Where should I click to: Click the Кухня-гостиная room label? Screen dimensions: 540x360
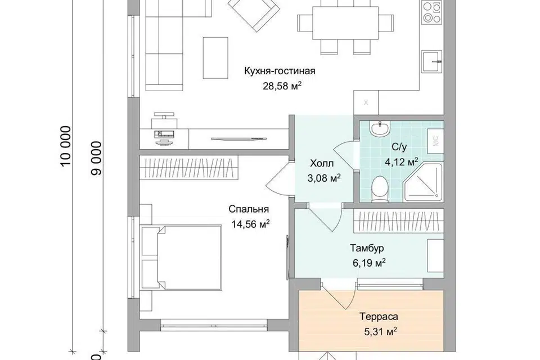pos(280,71)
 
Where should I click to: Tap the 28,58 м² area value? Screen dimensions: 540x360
pos(282,85)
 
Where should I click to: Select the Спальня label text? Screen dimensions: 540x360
pos(249,209)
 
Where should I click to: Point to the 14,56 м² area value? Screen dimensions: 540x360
pos(250,224)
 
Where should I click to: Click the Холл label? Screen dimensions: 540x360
pos(322,163)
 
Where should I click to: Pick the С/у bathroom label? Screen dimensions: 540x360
pos(399,147)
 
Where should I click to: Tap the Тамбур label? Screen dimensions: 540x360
pos(367,248)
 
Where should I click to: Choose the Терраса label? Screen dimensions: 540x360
pos(379,316)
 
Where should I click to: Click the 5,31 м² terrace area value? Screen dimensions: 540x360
pos(380,331)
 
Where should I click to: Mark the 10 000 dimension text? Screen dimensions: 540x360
pos(66,146)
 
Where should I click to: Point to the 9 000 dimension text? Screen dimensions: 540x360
pos(97,158)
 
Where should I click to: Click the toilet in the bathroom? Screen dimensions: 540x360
pos(380,189)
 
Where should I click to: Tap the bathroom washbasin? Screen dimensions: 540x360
pos(380,129)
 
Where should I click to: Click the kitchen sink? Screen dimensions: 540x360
pos(431,61)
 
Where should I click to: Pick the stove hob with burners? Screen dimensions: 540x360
pos(432,12)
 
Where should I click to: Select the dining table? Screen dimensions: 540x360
pos(345,23)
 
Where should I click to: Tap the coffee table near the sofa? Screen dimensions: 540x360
pos(215,58)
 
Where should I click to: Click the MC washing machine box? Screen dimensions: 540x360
pos(435,141)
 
